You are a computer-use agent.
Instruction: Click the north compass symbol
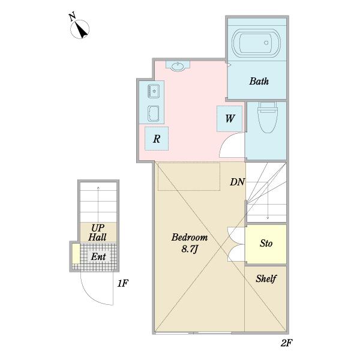click(79, 27)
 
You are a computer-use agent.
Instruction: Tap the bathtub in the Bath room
click(256, 43)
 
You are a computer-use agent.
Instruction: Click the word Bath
click(259, 81)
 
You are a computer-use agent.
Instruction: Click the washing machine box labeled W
click(229, 119)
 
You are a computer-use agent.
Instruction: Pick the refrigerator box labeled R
click(157, 139)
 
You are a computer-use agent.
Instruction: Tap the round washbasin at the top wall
click(178, 66)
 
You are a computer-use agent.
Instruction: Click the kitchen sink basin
click(154, 91)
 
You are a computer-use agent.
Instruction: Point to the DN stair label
click(237, 182)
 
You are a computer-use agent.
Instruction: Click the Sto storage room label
click(266, 244)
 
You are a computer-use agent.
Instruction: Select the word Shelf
click(266, 279)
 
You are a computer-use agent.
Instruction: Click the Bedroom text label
click(190, 237)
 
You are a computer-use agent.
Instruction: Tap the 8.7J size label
click(190, 249)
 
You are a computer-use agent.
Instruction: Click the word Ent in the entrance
click(98, 257)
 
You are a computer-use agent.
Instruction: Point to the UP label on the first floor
click(98, 228)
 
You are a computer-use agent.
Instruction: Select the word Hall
click(97, 237)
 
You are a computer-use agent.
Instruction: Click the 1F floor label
click(122, 284)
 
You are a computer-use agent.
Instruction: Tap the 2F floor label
click(286, 343)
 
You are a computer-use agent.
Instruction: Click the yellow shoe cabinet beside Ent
click(76, 254)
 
